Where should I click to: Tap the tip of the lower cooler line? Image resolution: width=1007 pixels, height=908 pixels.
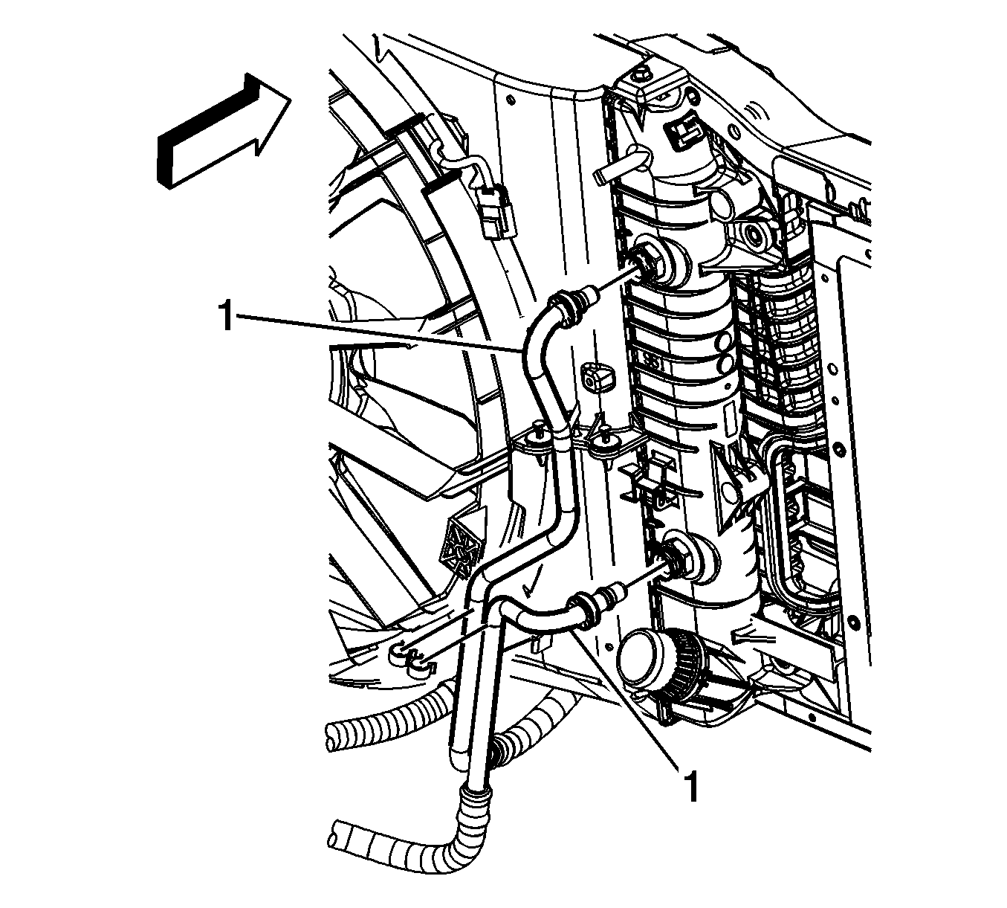tap(620, 590)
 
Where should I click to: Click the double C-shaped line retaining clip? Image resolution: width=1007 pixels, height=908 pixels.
tap(412, 657)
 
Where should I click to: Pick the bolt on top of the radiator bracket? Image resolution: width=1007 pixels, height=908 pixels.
tap(639, 75)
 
